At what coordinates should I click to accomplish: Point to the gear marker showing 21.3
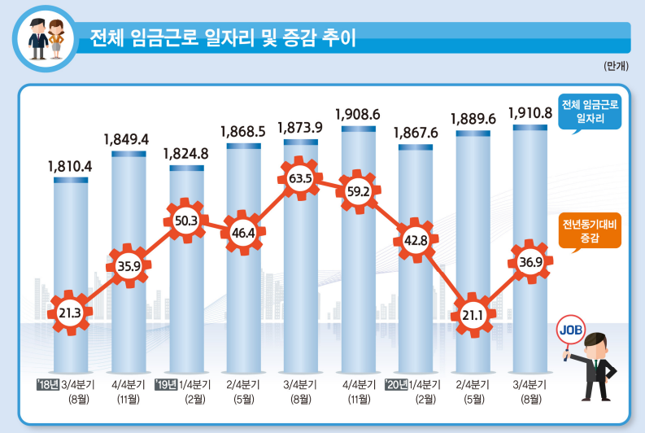coord(71,311)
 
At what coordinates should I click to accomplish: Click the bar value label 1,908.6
coord(359,114)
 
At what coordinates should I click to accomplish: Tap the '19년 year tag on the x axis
coord(166,384)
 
